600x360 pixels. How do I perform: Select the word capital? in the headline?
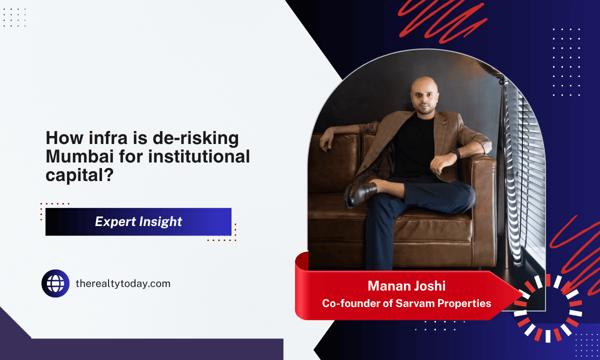click(x=79, y=175)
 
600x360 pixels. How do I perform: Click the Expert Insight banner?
click(x=138, y=221)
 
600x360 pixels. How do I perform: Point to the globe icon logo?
click(x=55, y=283)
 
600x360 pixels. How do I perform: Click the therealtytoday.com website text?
click(x=123, y=283)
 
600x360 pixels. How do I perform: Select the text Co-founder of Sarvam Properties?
click(x=406, y=303)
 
